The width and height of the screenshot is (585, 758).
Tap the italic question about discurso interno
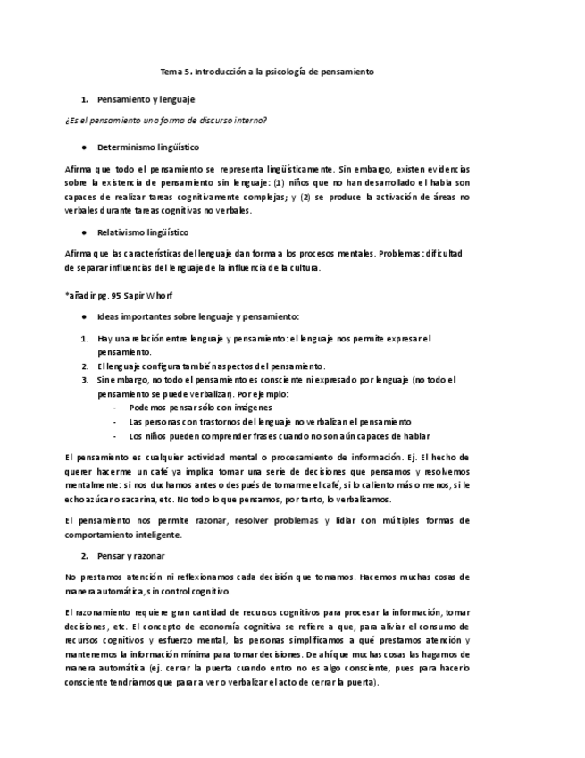pyautogui.click(x=167, y=120)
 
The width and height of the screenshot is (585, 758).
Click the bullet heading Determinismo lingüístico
pyautogui.click(x=148, y=146)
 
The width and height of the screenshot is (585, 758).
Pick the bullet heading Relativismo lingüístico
pyautogui.click(x=143, y=232)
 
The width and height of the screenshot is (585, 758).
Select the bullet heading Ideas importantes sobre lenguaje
pyautogui.click(x=198, y=316)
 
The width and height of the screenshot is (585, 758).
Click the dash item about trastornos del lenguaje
pyautogui.click(x=269, y=421)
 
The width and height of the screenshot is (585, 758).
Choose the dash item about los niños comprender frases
pyautogui.click(x=279, y=435)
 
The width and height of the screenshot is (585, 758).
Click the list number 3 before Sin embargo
pyautogui.click(x=83, y=379)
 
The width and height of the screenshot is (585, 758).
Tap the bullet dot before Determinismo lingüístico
pyautogui.click(x=83, y=146)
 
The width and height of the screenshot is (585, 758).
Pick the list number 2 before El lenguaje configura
pyautogui.click(x=83, y=366)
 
